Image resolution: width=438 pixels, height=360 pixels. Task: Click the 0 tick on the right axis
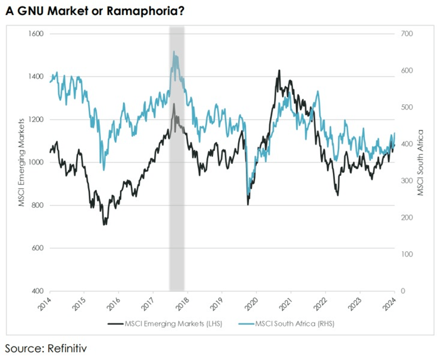(x=402, y=291)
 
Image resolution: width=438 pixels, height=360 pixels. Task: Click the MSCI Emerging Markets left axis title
(x=22, y=162)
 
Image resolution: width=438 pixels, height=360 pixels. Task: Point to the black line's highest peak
(x=279, y=70)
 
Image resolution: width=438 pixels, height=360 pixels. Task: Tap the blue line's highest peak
(x=173, y=51)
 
